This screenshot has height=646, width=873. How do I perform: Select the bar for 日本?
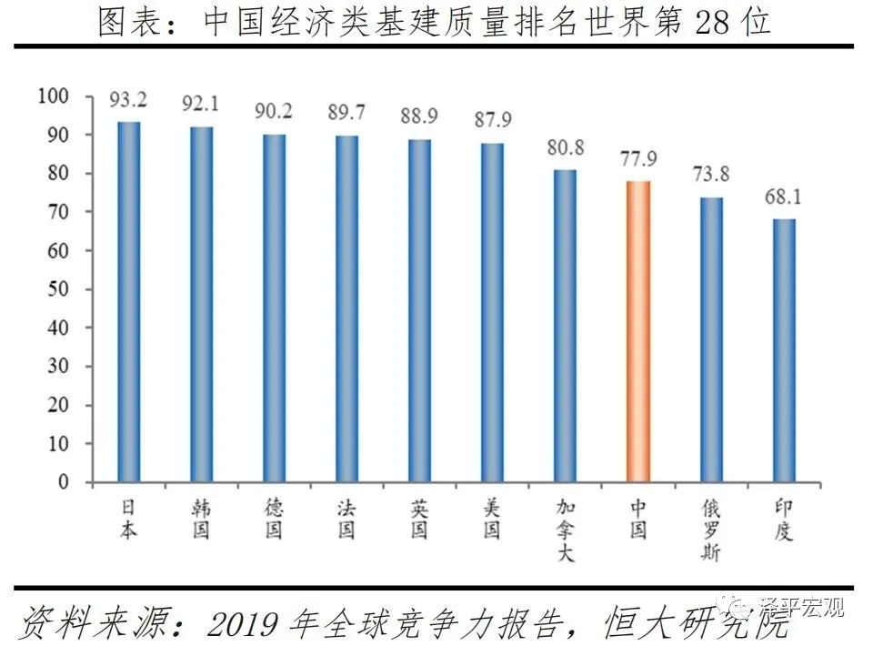click(x=129, y=301)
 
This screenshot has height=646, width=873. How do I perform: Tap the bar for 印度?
click(x=784, y=350)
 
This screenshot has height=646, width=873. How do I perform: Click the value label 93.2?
click(x=129, y=99)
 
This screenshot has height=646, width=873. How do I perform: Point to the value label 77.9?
click(x=638, y=160)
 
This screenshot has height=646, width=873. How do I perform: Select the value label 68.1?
click(x=784, y=197)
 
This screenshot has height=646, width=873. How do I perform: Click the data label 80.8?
click(x=565, y=148)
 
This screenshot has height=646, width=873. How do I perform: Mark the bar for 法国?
click(x=346, y=308)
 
